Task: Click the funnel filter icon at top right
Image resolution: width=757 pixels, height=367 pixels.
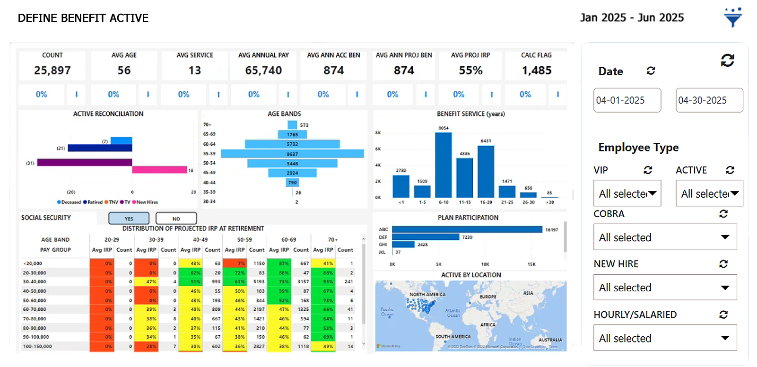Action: [x=732, y=18]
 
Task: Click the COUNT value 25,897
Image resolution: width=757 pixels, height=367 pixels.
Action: [x=52, y=70]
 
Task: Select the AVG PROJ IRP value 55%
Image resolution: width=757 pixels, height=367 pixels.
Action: [x=470, y=70]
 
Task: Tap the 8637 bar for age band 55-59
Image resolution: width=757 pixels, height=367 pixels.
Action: [x=292, y=154]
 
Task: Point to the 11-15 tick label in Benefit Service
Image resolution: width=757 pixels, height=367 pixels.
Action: [x=465, y=202]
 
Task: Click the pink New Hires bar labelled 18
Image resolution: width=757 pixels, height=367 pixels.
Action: [x=159, y=170]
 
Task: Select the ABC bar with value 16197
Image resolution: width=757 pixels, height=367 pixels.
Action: [x=467, y=229]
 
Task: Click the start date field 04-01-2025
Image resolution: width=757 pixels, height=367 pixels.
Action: [x=627, y=100]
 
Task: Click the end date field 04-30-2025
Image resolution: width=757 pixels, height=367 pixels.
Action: [x=709, y=100]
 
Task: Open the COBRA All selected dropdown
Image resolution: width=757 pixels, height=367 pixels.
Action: [x=665, y=237]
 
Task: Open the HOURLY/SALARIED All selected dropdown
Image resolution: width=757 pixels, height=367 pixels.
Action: [x=665, y=338]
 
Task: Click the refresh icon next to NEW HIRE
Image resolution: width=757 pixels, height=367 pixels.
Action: [x=723, y=264]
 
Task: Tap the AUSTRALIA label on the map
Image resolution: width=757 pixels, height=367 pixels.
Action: [x=550, y=340]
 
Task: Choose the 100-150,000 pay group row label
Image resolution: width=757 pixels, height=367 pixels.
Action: [x=37, y=346]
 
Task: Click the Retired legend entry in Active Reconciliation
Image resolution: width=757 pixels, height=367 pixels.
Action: [x=95, y=202]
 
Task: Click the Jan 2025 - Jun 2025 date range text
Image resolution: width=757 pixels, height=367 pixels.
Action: [x=632, y=18]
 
